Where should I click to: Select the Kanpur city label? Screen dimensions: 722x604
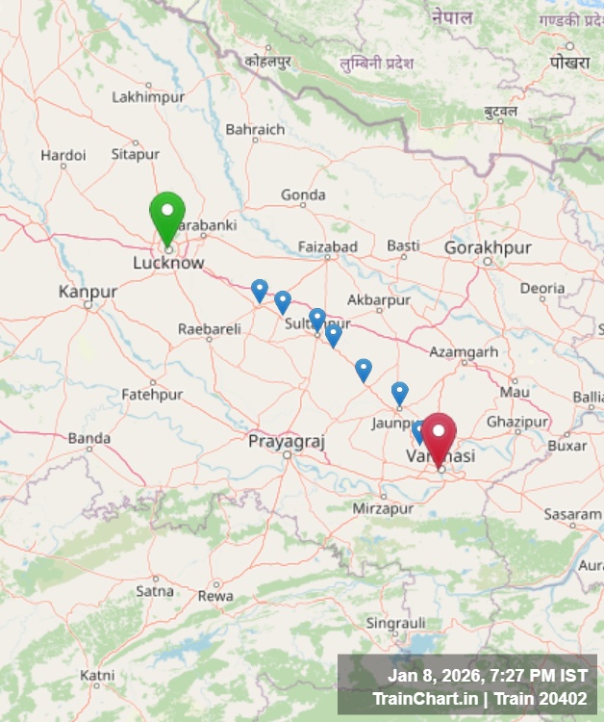point(88,292)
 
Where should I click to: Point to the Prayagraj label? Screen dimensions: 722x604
point(287,441)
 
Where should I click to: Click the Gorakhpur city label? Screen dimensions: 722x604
point(488,248)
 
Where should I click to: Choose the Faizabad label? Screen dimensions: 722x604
point(327,247)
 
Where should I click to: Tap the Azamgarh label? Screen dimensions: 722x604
point(464,352)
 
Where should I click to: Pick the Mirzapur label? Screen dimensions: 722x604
point(383,508)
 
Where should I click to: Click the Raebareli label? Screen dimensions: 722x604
point(209,329)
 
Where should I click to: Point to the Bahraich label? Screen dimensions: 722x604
point(255,129)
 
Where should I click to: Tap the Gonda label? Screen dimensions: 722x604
point(303,195)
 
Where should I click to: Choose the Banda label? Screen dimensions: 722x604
point(88,439)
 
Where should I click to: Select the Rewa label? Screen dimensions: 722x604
point(215,596)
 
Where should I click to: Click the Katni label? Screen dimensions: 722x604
point(96,674)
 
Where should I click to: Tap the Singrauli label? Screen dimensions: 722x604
point(395,624)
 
